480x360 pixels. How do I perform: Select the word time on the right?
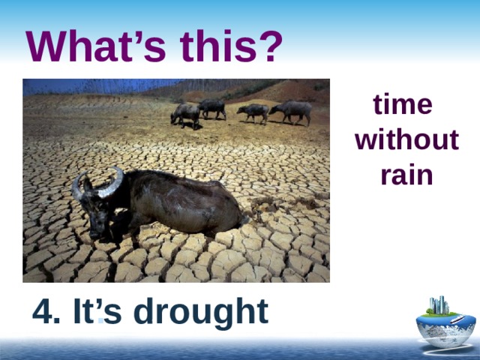[403, 105]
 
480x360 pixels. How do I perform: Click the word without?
[406, 140]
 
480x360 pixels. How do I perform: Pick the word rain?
[406, 175]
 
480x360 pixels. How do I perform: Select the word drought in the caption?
[206, 313]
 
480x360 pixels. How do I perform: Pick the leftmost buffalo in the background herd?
[184, 114]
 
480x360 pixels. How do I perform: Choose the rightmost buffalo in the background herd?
[292, 110]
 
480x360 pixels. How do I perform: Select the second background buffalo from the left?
[213, 107]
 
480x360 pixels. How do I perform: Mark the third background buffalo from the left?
[253, 112]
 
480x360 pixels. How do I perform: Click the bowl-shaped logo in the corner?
[445, 327]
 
